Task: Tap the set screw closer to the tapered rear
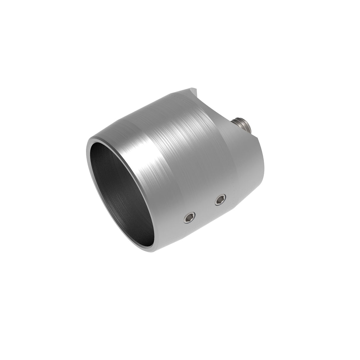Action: coord(220,201)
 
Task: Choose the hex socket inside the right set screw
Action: coord(220,201)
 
